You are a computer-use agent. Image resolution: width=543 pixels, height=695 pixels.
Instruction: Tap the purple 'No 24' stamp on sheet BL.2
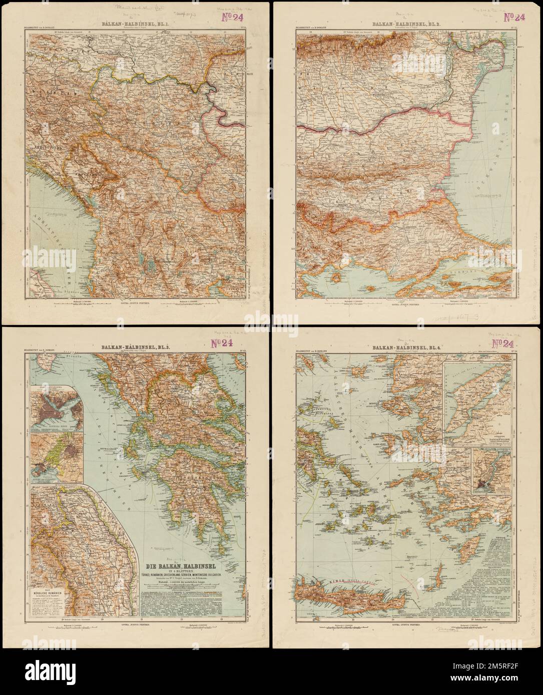tap(502, 17)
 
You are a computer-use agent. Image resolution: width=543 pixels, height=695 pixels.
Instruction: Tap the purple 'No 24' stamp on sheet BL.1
tap(231, 17)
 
